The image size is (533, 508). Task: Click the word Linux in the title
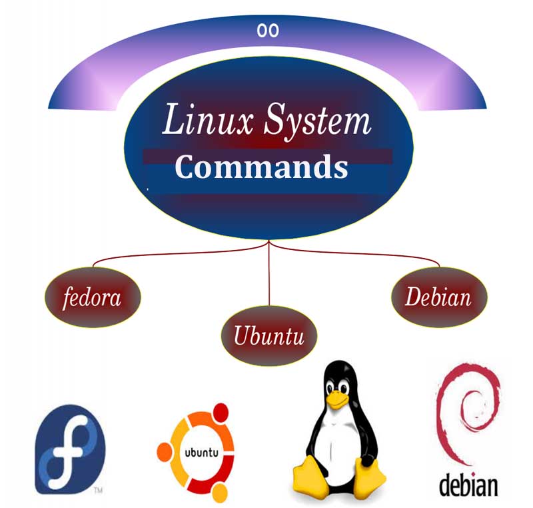pos(208,120)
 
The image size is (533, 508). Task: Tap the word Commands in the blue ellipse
pos(261,167)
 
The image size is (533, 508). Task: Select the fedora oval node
pos(93,297)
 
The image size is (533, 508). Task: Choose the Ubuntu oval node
pos(269,335)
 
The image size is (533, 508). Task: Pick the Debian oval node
pos(439,297)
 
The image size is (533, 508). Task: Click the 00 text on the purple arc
pos(268,31)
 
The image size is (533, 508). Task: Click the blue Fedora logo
pos(70,449)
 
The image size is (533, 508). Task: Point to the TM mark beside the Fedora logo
pos(98,490)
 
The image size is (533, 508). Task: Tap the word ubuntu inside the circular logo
pos(202,453)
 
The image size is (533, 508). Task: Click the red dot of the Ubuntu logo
pos(221,412)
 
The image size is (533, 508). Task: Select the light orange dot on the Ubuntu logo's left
pos(164,452)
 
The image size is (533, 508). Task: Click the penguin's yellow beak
pos(336,399)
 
